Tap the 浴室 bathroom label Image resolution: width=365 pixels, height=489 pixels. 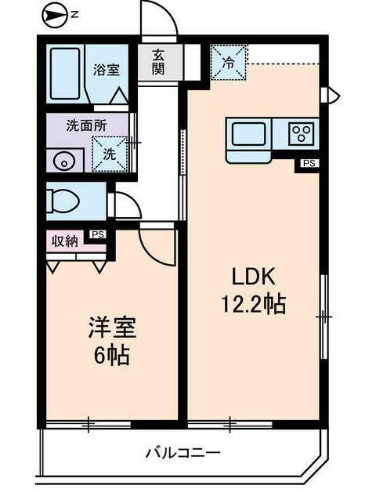107,69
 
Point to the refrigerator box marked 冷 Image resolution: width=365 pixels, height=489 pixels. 229,62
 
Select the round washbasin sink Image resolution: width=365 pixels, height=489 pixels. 63,161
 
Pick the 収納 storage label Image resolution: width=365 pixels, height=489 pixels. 65,241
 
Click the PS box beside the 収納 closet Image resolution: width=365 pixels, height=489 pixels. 98,234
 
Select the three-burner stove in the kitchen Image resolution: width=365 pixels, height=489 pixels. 300,133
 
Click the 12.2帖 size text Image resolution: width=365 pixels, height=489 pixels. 251,302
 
